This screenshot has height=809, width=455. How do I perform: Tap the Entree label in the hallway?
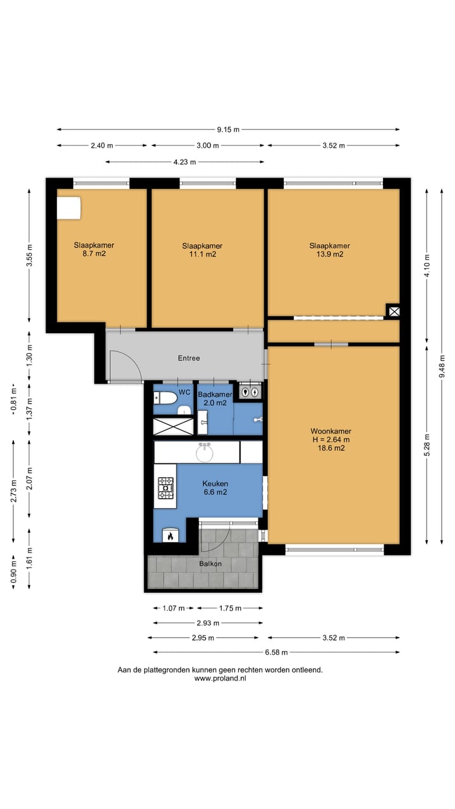pos(189,358)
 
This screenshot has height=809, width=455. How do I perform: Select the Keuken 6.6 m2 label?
pos(215,487)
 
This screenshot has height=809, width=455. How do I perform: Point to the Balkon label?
pos(210,563)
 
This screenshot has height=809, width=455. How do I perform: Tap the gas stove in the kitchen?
pos(166,489)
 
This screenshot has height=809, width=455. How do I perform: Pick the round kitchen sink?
pos(205,453)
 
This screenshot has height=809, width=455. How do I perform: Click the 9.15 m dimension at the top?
pos(228,130)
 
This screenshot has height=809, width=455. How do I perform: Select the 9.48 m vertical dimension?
pos(442,367)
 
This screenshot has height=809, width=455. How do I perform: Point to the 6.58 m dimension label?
pos(276,652)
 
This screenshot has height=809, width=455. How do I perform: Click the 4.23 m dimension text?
pos(185,162)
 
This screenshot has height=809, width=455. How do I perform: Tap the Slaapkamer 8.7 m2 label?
pos(94,249)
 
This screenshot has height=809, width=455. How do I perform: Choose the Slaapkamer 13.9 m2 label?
pos(330,250)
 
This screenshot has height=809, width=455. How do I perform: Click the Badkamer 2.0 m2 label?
pos(215,399)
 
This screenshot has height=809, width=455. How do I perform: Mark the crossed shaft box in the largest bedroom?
pos(394,312)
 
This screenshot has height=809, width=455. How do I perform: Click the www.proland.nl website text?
pos(221,678)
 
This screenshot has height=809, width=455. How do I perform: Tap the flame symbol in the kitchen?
pos(170,537)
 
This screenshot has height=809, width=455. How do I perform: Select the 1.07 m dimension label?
pos(173,608)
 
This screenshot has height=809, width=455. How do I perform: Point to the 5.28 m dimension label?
pos(427,444)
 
